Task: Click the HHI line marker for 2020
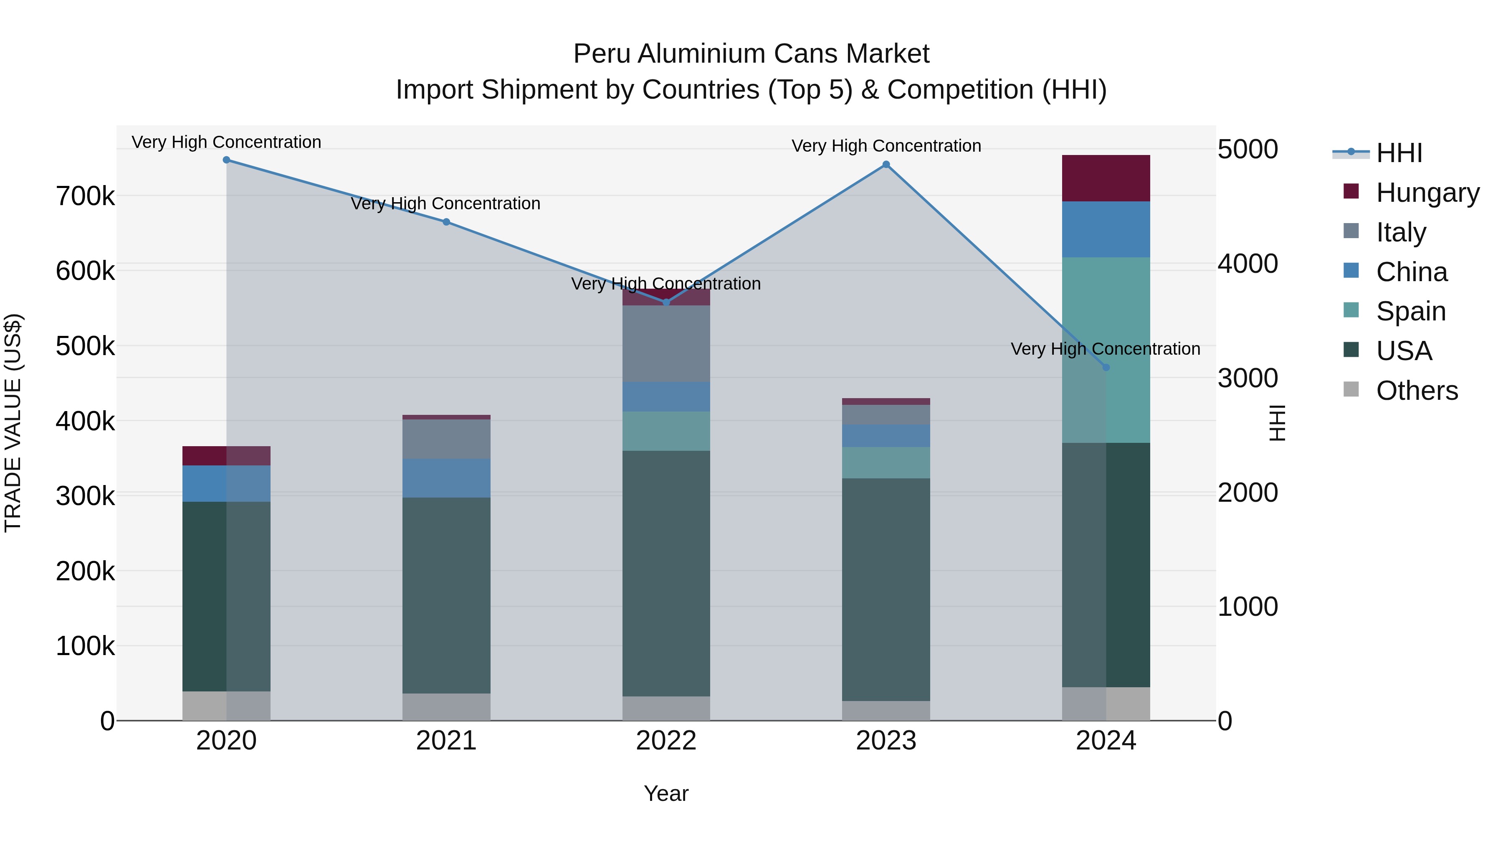[x=226, y=160]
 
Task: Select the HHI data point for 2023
[x=886, y=165]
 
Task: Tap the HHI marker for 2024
[x=1106, y=367]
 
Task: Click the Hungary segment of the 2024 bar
[x=1106, y=178]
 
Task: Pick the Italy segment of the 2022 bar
[x=666, y=343]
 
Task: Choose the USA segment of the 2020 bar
[x=226, y=595]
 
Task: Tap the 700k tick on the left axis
[x=85, y=196]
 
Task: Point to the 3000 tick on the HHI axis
[x=1247, y=379]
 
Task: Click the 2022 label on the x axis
[x=666, y=741]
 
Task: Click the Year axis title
[x=666, y=793]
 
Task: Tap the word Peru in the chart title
[x=602, y=54]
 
